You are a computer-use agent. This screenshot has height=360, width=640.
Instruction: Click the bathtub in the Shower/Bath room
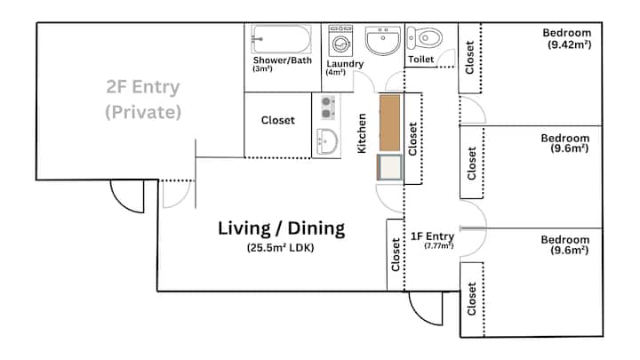click(281, 39)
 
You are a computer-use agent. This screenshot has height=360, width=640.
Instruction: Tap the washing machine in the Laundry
click(340, 41)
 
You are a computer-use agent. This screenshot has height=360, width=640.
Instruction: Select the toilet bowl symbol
click(425, 38)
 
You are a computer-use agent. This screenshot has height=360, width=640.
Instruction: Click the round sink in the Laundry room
click(383, 40)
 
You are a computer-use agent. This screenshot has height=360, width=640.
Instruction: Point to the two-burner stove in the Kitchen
click(328, 108)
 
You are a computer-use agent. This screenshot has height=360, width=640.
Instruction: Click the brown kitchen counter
click(390, 123)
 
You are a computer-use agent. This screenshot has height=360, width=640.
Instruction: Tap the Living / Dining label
click(281, 228)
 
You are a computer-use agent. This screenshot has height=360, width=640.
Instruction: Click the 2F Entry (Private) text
click(143, 100)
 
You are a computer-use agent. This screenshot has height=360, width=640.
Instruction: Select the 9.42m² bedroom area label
click(570, 44)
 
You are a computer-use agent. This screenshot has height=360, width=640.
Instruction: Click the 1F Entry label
click(432, 236)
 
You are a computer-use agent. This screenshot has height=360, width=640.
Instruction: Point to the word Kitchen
click(362, 133)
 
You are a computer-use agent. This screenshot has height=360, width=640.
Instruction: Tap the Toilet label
click(420, 60)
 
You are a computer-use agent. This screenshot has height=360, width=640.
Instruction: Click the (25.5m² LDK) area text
click(280, 247)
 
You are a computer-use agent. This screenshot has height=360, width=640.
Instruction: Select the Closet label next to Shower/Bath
click(278, 120)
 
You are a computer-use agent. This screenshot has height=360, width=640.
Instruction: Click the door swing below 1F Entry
click(426, 308)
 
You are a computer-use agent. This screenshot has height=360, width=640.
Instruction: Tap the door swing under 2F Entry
click(127, 196)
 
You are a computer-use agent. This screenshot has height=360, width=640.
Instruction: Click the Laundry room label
click(345, 64)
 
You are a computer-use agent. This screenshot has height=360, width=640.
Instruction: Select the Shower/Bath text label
click(283, 60)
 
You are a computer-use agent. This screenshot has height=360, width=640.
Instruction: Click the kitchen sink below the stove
click(328, 141)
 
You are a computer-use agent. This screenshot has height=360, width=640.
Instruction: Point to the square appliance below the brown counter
click(390, 167)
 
